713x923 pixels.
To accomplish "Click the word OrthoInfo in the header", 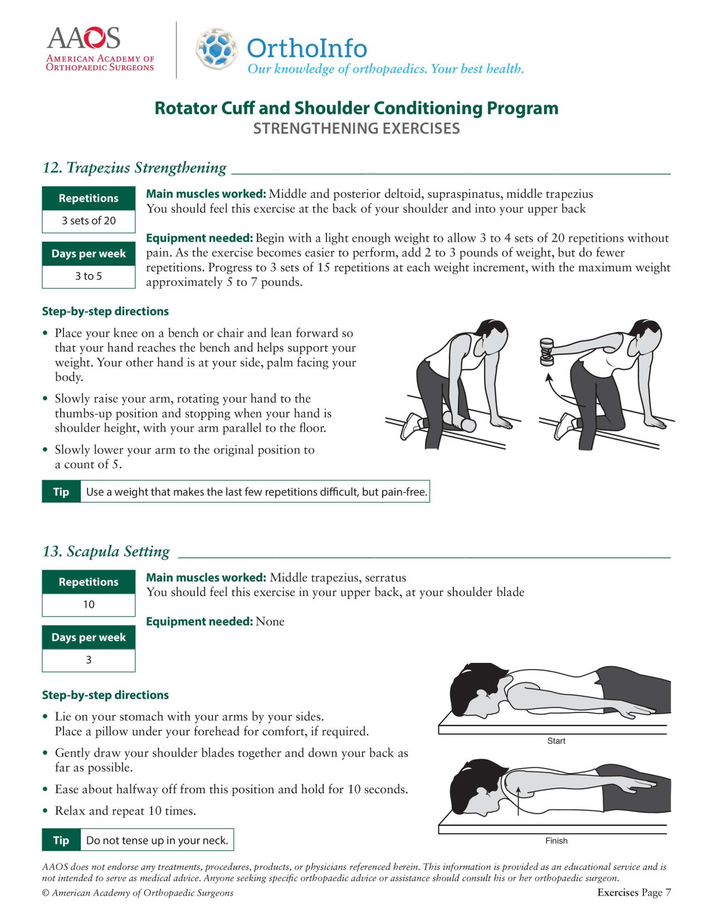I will (x=307, y=48).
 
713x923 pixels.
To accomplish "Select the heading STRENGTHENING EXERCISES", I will (x=356, y=129).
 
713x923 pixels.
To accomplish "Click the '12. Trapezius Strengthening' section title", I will (x=134, y=168).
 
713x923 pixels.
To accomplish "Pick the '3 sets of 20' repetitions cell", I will (x=89, y=221).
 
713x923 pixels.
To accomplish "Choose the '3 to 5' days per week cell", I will (x=89, y=276).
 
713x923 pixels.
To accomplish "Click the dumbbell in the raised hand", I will (x=547, y=352).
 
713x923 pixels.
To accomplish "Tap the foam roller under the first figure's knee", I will (x=460, y=422).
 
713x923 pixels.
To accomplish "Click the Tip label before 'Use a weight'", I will (x=61, y=492).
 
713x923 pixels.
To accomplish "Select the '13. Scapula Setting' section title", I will (x=106, y=551).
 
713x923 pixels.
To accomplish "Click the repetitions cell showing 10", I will (x=89, y=604).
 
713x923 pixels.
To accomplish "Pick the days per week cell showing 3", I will (x=89, y=660).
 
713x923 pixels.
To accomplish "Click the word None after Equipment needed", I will (x=270, y=622).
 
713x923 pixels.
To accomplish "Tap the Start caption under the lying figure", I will (x=556, y=741).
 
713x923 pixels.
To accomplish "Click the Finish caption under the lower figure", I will (x=556, y=841).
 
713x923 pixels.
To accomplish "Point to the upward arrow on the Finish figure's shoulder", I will (x=519, y=800).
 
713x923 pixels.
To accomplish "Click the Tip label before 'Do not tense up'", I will (x=61, y=841).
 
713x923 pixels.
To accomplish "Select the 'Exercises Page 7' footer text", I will (x=634, y=892).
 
